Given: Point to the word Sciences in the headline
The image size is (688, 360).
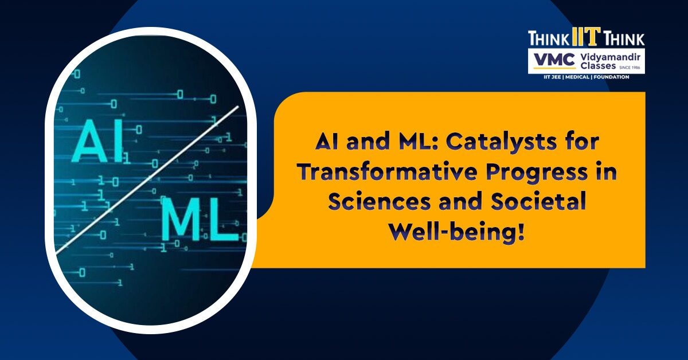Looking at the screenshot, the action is click(x=379, y=202).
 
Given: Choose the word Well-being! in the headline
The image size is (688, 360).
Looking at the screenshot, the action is click(x=457, y=233).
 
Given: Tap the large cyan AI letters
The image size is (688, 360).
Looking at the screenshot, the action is click(x=97, y=140).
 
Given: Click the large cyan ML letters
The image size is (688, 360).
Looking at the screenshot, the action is click(x=200, y=220).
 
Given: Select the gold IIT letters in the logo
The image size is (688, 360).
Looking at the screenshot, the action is click(x=587, y=37).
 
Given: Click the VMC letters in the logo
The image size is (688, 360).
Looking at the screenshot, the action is click(x=554, y=60).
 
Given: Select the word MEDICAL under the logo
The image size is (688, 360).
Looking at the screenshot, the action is click(x=577, y=77).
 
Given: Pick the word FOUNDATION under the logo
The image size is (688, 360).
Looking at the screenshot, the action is click(x=611, y=77).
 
